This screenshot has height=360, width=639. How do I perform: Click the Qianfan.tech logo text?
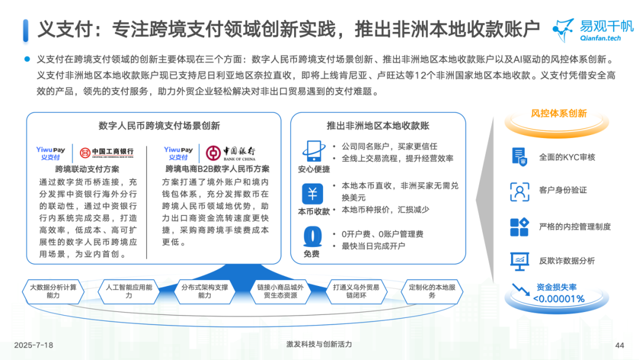[601, 38]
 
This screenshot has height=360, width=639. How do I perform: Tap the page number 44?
[619, 345]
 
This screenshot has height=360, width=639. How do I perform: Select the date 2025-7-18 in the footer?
[33, 345]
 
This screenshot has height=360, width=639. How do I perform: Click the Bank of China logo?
[231, 153]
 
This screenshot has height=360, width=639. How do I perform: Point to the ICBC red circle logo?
[85, 153]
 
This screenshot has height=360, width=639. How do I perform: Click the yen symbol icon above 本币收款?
[312, 194]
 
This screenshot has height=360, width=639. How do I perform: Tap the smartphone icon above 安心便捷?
[314, 151]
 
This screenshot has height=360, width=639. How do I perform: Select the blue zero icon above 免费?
[312, 236]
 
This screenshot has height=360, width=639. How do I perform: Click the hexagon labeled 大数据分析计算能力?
[53, 291]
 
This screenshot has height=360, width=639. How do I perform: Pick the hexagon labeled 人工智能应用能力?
[129, 291]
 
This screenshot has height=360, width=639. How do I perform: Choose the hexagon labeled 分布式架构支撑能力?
[205, 291]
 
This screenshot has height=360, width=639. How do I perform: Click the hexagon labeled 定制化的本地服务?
[432, 291]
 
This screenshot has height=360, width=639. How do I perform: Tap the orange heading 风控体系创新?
[559, 113]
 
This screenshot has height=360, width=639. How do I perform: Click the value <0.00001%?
[559, 299]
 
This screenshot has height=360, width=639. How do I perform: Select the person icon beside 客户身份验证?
[519, 192]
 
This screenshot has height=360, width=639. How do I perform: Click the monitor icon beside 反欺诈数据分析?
[519, 261]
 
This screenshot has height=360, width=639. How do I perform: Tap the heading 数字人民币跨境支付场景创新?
[159, 126]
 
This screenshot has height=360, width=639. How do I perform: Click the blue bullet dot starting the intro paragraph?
[27, 59]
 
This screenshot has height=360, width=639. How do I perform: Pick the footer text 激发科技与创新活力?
[319, 344]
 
